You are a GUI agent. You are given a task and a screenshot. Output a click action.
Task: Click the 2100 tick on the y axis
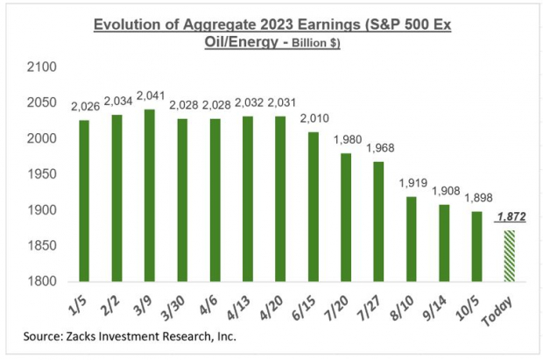click(42, 67)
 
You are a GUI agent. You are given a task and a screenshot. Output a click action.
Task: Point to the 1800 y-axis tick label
click(42, 282)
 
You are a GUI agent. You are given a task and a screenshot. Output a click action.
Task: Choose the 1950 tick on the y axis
click(42, 174)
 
